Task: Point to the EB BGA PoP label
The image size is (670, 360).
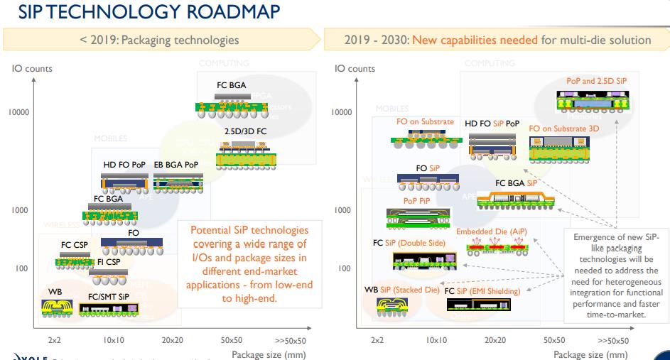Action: (x=177, y=164)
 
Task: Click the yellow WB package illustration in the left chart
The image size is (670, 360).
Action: (x=57, y=306)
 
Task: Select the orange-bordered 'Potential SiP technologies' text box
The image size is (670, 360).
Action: (x=249, y=263)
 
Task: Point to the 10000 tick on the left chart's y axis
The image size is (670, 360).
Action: (x=18, y=112)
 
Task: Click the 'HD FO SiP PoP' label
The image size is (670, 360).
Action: (x=492, y=123)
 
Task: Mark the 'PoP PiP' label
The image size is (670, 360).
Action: (x=417, y=201)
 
